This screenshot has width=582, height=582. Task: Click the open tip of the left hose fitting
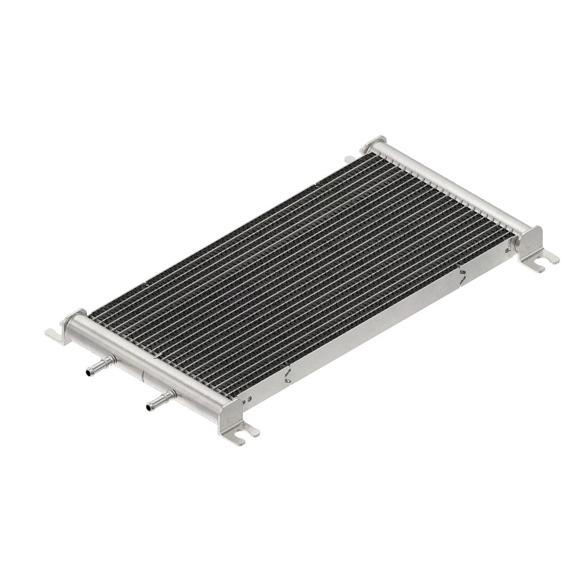pyautogui.click(x=88, y=373)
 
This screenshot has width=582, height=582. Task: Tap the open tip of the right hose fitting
pyautogui.click(x=147, y=407)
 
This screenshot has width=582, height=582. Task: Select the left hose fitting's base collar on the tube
pyautogui.click(x=112, y=359)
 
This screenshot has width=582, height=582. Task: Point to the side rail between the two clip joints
pyautogui.click(x=373, y=330)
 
